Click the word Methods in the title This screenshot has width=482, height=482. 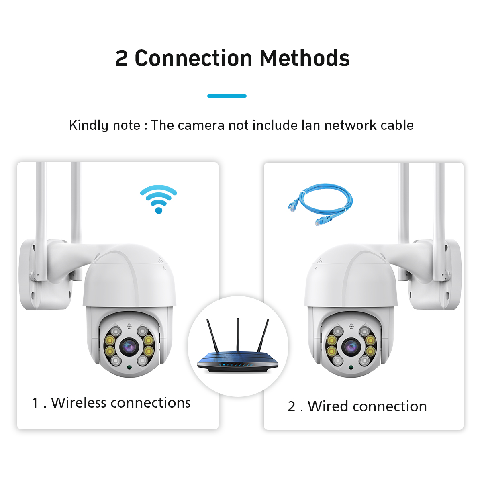pos(304,58)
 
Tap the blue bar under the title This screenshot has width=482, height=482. pos(227,96)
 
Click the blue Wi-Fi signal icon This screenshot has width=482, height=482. pos(159,199)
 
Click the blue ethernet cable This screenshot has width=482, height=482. pos(321,204)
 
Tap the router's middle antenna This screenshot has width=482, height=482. pos(238,335)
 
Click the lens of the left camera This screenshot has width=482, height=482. pos(129,347)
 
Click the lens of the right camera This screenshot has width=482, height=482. pos(351,347)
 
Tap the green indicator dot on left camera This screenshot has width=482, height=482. pos(129,367)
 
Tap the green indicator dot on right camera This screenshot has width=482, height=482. pos(351,367)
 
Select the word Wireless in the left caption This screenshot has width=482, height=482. pos(79,402)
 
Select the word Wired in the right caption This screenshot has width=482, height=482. pos(328,406)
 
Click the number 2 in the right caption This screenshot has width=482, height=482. pos(291,406)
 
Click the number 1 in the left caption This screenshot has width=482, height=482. pos(35,403)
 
